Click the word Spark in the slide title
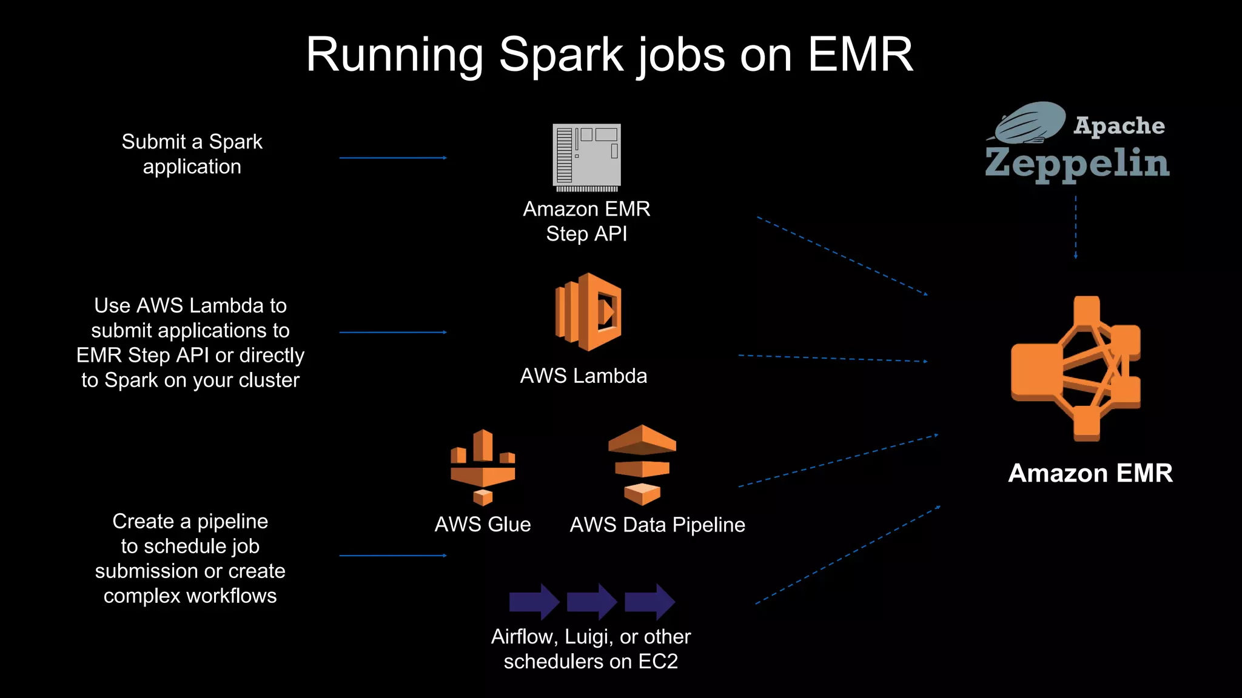point(560,55)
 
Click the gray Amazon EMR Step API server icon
point(586,156)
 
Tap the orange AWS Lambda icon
point(588,312)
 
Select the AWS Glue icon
point(483,467)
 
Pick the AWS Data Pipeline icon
point(642,465)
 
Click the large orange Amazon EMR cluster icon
point(1076,368)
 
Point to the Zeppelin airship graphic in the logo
point(1029,123)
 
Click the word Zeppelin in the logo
point(1077,164)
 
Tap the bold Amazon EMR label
point(1090,473)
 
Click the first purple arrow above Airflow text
point(534,602)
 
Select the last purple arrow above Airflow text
point(649,602)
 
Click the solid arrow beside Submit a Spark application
point(392,158)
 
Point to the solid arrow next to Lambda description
point(392,332)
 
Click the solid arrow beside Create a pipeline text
point(392,555)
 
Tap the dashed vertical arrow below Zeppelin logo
point(1076,227)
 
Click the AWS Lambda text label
point(583,376)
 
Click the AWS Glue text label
point(483,525)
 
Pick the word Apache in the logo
point(1119,125)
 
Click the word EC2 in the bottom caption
point(658,662)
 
